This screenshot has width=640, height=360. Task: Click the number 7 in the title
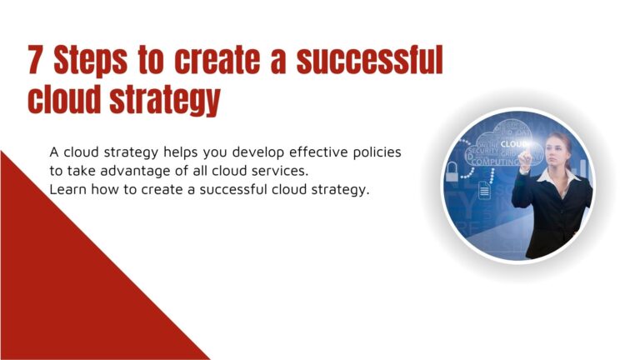pos(37,61)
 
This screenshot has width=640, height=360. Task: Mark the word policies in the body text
pos(381,152)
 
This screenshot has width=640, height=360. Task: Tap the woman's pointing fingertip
pos(522,154)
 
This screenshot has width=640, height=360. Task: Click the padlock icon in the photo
pos(452,173)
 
